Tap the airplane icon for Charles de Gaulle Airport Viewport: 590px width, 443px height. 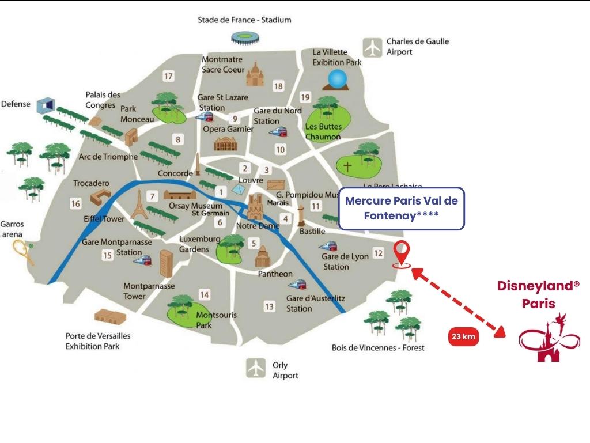[x=373, y=47]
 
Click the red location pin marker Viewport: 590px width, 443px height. [x=402, y=254]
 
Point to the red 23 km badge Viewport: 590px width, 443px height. [x=464, y=337]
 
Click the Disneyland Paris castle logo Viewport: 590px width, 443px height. [x=545, y=340]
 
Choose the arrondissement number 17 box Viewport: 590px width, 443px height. [x=168, y=76]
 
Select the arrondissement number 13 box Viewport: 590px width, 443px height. [x=269, y=306]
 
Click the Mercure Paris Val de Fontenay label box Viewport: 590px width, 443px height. [x=401, y=209]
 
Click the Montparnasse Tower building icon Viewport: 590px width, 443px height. [x=166, y=264]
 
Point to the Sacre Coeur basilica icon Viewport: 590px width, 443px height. [x=254, y=74]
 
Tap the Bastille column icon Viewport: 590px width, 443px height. [x=301, y=215]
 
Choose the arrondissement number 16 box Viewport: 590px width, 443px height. [x=75, y=203]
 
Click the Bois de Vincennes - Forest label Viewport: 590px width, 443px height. [x=377, y=347]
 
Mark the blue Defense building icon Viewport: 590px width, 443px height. [x=44, y=106]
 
